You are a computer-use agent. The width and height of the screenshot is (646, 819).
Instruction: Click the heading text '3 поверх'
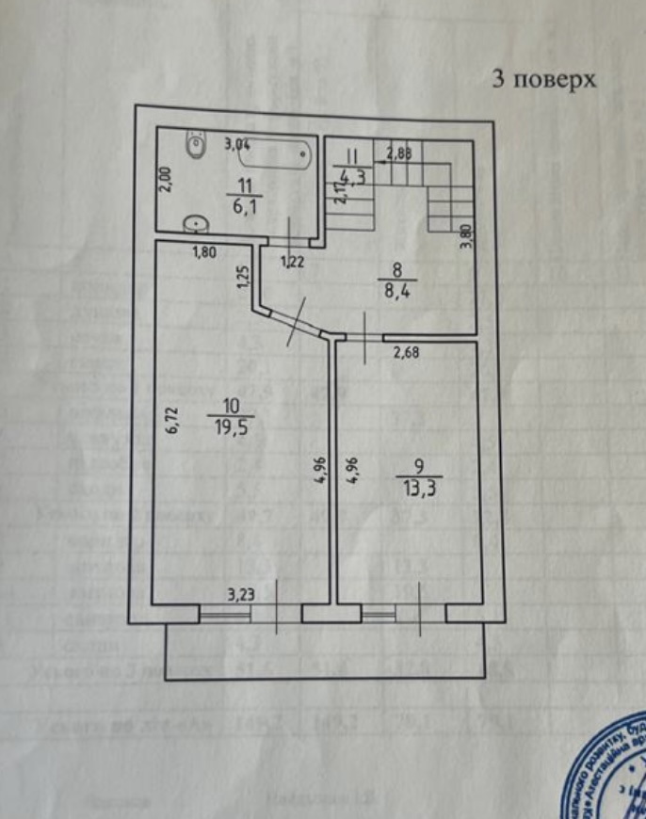pos(545,80)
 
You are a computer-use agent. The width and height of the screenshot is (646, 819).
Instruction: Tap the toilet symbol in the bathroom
pos(197,146)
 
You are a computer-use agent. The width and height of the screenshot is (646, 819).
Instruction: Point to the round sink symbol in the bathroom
pos(196,223)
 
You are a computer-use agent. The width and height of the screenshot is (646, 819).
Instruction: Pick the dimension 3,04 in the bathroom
pos(237,145)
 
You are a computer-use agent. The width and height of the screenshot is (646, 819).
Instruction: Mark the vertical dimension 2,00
pos(166,180)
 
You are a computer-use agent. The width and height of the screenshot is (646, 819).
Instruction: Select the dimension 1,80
pos(206,252)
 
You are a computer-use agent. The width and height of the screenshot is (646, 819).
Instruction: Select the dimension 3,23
pos(245,594)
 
